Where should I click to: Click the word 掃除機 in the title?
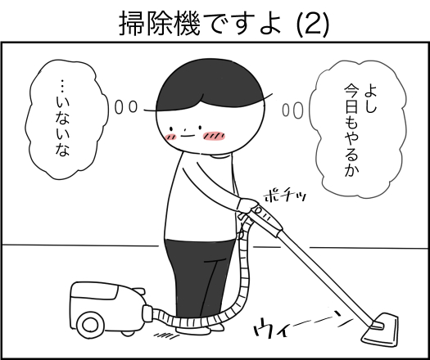pyautogui.click(x=160, y=24)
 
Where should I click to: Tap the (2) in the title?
pyautogui.click(x=313, y=24)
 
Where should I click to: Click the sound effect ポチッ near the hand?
pyautogui.click(x=285, y=196)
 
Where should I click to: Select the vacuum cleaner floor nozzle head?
pyautogui.click(x=380, y=330)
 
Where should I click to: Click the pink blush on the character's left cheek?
pyautogui.click(x=170, y=136)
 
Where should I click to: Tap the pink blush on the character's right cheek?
pyautogui.click(x=214, y=136)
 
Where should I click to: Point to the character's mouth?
pyautogui.click(x=186, y=136)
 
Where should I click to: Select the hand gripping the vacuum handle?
pyautogui.click(x=247, y=205)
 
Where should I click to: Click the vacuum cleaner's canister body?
pyautogui.click(x=107, y=307)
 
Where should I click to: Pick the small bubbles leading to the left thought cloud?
pyautogui.click(x=125, y=107)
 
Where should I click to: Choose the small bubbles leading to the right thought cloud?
pyautogui.click(x=293, y=110)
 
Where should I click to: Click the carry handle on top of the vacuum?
pyautogui.click(x=138, y=291)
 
